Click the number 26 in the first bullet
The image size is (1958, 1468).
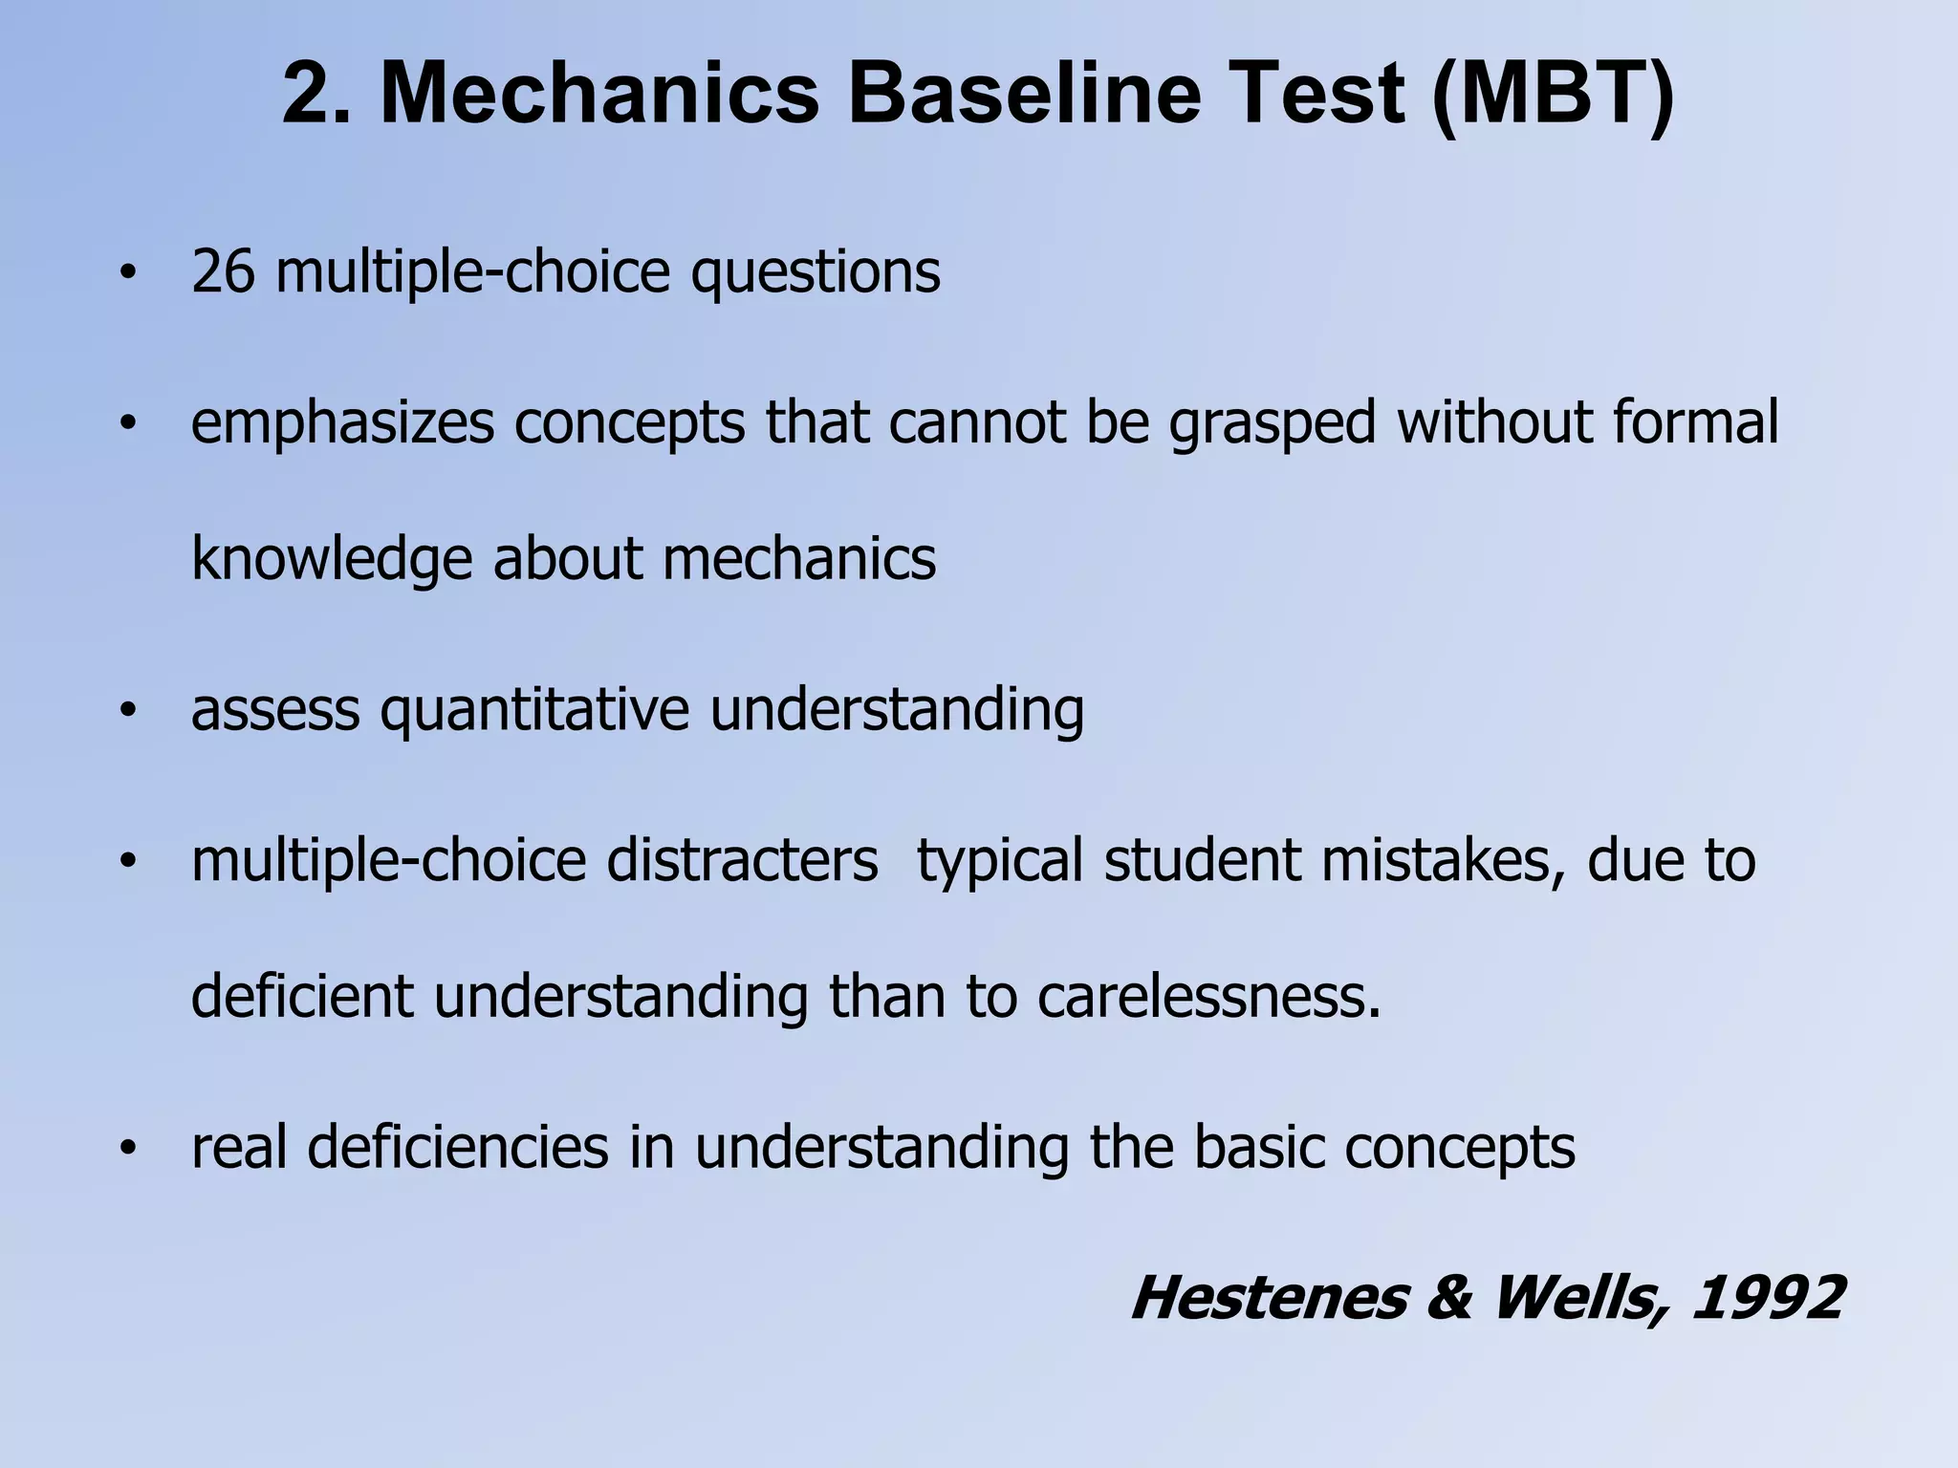click(223, 272)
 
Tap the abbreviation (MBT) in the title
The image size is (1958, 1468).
click(1553, 96)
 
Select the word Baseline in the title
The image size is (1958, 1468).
click(1023, 96)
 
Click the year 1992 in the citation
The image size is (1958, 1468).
click(1767, 1299)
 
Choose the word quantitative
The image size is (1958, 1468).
click(534, 711)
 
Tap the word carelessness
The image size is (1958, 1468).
click(1209, 997)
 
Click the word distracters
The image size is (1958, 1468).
click(742, 860)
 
